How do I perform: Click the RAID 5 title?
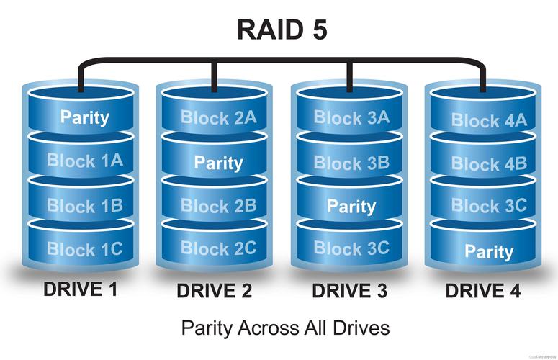(x=282, y=31)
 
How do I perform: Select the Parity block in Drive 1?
(x=85, y=117)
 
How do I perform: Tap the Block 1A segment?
(x=85, y=161)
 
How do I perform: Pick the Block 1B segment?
(x=85, y=205)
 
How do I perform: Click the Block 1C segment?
(x=85, y=250)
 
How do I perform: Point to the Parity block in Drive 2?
(x=218, y=162)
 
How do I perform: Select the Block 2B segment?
(x=218, y=206)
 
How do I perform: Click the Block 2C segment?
(x=218, y=248)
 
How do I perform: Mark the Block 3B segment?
(x=351, y=163)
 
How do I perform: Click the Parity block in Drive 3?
(x=351, y=207)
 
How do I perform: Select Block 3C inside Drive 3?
(x=351, y=249)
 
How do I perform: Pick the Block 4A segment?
(x=489, y=121)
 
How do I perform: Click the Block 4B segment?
(x=489, y=164)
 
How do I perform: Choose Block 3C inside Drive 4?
(x=489, y=206)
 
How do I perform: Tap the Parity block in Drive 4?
(x=489, y=251)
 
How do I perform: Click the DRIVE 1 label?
(x=81, y=289)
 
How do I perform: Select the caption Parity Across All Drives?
(x=285, y=328)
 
